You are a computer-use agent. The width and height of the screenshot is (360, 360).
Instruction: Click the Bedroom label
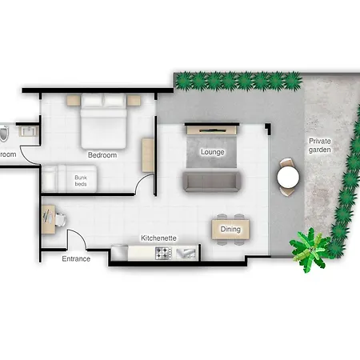pyautogui.click(x=102, y=155)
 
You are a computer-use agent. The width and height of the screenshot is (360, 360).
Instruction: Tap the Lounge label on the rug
pyautogui.click(x=213, y=152)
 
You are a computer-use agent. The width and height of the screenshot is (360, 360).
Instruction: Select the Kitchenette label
pyautogui.click(x=158, y=238)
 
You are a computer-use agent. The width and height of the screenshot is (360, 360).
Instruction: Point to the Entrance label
pyautogui.click(x=76, y=258)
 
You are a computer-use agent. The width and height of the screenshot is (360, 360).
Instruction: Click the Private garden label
pyautogui.click(x=320, y=146)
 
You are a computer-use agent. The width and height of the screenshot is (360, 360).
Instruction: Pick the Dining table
pyautogui.click(x=230, y=229)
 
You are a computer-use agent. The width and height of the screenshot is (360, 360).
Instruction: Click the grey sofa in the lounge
pyautogui.click(x=212, y=182)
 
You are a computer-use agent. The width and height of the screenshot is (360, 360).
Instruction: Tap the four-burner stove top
pyautogui.click(x=163, y=253)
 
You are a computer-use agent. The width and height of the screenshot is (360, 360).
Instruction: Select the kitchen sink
pyautogui.click(x=187, y=254)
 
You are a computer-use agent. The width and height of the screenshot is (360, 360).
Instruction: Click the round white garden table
pyautogui.click(x=288, y=177)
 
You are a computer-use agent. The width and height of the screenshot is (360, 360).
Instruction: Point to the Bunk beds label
pyautogui.click(x=81, y=181)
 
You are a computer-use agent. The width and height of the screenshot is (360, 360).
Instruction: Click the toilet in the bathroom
pyautogui.click(x=4, y=133)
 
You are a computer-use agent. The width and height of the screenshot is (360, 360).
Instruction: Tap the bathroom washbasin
pyautogui.click(x=29, y=131)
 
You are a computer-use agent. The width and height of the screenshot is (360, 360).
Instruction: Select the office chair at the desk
pyautogui.click(x=61, y=220)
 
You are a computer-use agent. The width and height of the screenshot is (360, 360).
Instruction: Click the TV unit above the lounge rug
pyautogui.click(x=212, y=130)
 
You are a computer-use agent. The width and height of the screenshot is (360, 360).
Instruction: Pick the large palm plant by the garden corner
pyautogui.click(x=310, y=250)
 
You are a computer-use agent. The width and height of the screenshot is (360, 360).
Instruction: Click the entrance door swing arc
pyautogui.click(x=81, y=235)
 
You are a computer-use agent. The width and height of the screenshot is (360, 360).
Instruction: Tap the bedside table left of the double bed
pyautogui.click(x=74, y=101)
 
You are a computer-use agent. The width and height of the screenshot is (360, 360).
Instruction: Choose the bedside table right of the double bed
pyautogui.click(x=134, y=101)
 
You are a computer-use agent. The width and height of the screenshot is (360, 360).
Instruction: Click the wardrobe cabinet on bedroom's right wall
pyautogui.click(x=148, y=155)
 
